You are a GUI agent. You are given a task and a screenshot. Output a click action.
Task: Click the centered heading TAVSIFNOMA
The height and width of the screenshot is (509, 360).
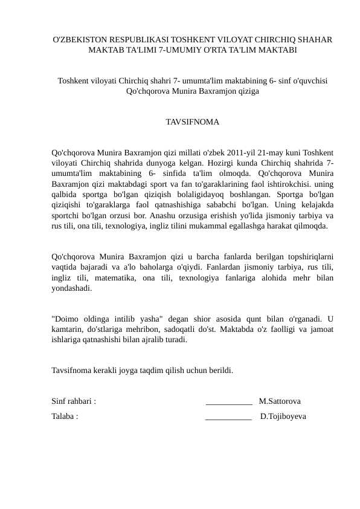pos(192,122)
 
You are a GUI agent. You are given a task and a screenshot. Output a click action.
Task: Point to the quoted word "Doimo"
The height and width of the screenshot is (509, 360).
pos(67,319)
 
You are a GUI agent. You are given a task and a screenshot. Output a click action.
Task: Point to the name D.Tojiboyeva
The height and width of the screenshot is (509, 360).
pos(283,417)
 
